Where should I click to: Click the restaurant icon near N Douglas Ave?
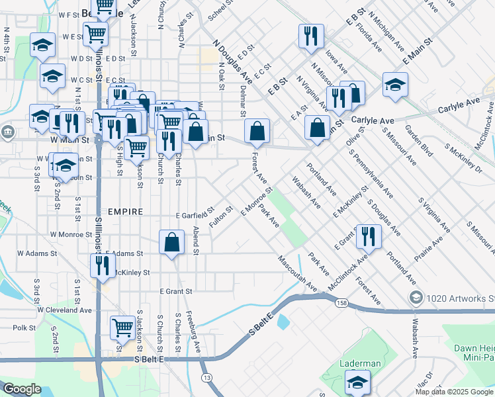pos(310,36)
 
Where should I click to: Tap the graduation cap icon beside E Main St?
pos(395,85)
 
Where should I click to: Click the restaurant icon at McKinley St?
pos(102,265)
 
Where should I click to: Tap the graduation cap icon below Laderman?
pos(357,382)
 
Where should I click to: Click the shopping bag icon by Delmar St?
pos(257,130)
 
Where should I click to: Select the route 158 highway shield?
pos(341,303)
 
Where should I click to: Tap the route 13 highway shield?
pos(208,376)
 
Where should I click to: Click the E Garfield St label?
pos(194,216)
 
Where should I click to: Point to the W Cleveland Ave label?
pos(64,310)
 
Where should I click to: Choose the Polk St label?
pos(23,328)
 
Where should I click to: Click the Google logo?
pos(22,389)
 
